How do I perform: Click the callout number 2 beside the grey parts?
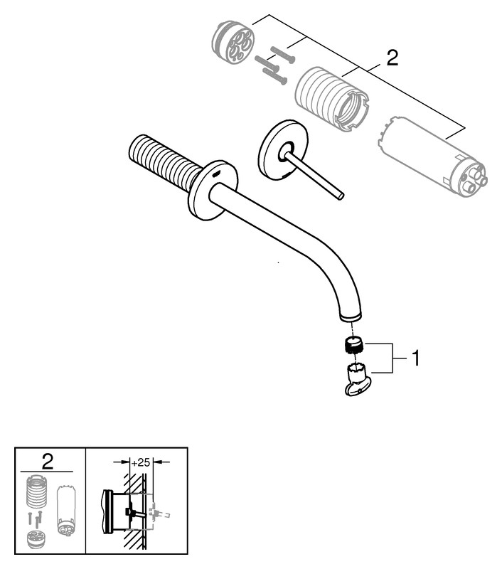(x=392, y=58)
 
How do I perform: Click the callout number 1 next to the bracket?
(x=415, y=358)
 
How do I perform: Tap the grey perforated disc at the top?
(x=232, y=43)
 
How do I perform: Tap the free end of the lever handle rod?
(x=341, y=196)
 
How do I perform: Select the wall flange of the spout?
(x=213, y=190)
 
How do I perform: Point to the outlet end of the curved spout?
(x=351, y=317)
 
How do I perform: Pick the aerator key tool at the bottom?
(x=356, y=379)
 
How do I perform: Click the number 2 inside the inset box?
(x=48, y=462)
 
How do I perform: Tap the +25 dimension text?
(x=140, y=462)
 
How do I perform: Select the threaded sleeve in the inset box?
(x=37, y=491)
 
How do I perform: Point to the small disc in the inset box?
(x=36, y=540)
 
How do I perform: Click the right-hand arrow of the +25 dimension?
(x=162, y=462)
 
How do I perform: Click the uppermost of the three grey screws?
(x=283, y=55)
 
